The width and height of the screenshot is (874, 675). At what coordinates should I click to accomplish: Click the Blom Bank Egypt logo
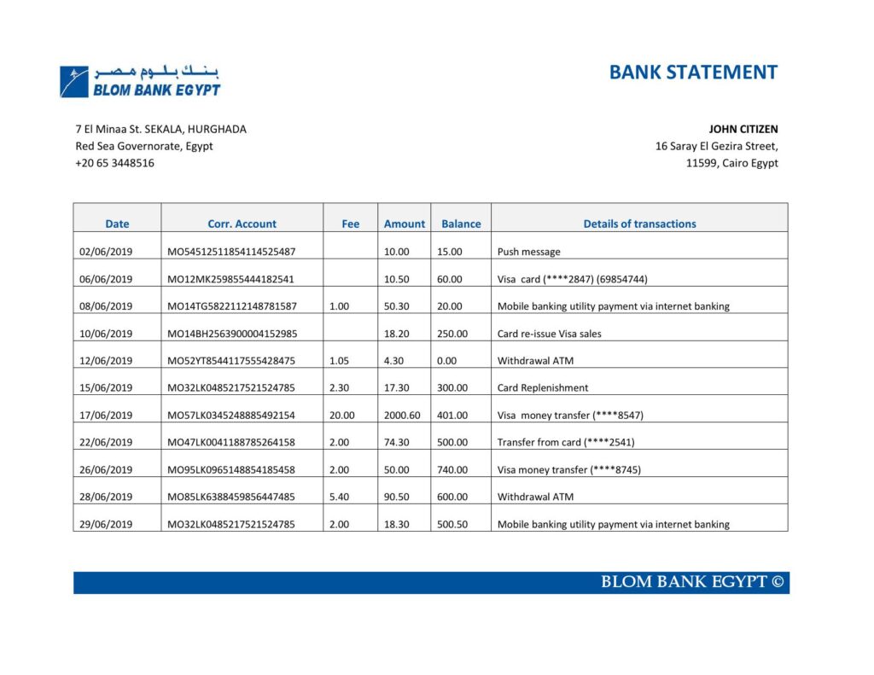(x=140, y=80)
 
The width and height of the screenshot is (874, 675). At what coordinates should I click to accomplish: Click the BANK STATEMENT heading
(x=693, y=73)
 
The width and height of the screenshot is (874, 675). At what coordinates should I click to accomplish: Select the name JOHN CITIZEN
(x=743, y=130)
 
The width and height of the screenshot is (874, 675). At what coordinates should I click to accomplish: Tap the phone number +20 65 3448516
(x=114, y=163)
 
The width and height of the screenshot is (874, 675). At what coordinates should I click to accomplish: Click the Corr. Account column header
(x=242, y=224)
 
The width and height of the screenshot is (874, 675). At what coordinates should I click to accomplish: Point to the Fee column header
(x=350, y=224)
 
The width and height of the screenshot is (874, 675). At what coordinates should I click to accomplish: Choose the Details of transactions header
(x=639, y=224)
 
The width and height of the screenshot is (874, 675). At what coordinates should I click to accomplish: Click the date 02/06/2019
(x=105, y=252)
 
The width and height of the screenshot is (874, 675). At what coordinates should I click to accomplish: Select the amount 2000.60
(x=402, y=416)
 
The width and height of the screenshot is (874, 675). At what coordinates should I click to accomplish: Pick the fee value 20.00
(x=341, y=416)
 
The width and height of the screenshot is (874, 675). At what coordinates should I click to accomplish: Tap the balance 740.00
(x=452, y=470)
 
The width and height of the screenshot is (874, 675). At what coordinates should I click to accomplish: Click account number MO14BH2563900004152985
(x=231, y=334)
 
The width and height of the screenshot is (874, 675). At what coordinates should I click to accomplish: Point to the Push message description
(x=528, y=252)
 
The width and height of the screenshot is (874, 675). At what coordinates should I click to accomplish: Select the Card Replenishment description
(x=542, y=388)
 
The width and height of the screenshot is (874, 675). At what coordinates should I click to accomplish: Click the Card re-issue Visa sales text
(x=549, y=334)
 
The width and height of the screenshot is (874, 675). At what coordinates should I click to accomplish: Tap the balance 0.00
(x=446, y=361)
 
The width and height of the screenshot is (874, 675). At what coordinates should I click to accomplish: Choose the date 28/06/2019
(x=105, y=498)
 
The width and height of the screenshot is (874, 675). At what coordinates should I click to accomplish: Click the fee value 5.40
(x=339, y=498)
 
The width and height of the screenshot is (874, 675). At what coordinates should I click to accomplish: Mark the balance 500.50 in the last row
(x=452, y=525)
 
